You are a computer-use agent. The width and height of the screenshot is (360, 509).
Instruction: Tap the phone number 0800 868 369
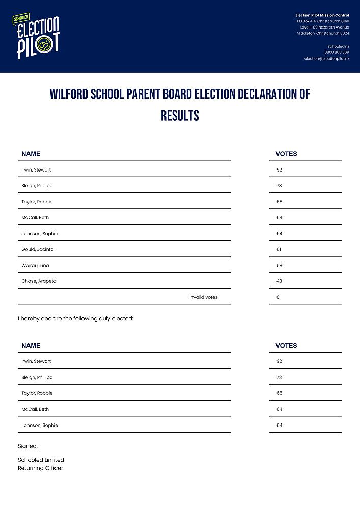337,52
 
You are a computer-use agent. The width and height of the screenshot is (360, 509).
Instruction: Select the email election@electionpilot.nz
326,59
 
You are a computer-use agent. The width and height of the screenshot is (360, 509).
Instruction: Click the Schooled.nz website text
338,46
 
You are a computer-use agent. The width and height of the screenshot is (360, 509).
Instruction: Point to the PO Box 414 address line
323,21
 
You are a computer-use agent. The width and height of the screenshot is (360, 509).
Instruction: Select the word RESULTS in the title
180,116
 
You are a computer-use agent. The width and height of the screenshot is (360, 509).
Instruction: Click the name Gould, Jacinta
37,249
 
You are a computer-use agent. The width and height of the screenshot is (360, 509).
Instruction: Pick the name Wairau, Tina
35,265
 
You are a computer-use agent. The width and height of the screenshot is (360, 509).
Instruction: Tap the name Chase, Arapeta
39,281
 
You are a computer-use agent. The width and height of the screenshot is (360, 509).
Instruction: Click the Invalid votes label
203,297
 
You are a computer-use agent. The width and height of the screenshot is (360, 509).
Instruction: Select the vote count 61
279,249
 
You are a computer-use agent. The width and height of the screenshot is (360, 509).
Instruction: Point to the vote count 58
279,265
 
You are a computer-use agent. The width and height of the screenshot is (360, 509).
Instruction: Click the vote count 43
279,281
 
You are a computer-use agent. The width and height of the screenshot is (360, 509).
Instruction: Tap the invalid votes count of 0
278,297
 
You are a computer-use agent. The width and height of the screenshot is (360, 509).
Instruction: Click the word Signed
27,446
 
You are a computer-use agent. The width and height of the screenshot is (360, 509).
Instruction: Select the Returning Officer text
40,468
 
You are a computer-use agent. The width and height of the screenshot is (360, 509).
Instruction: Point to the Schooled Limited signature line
41,460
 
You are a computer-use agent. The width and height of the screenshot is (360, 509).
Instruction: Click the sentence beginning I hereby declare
75,318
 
